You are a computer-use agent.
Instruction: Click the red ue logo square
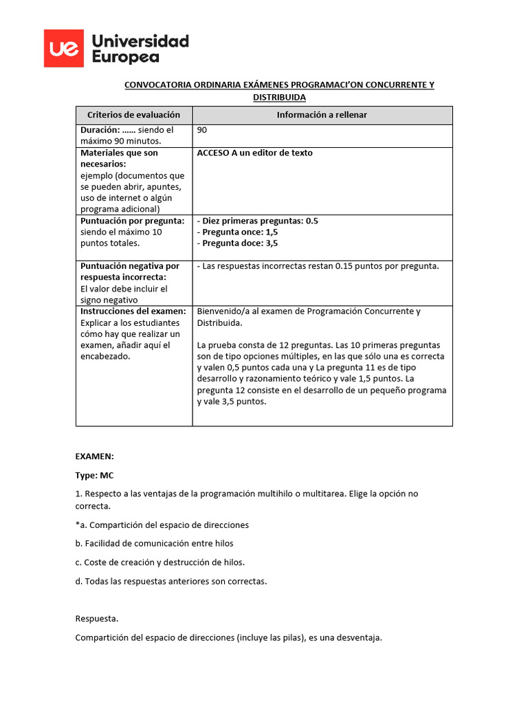coord(64,49)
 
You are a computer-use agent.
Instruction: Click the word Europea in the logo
coord(126,57)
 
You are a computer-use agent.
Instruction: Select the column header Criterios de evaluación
coord(133,115)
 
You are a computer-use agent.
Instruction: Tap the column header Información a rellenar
coord(322,115)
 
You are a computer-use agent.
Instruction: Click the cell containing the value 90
coord(202,130)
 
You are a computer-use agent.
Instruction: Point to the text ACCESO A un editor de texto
coord(254,153)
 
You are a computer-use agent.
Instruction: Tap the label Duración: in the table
coord(100,130)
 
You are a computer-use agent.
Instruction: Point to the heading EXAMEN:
coord(94,456)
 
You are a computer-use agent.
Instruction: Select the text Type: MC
coord(94,475)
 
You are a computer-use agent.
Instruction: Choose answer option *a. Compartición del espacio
coord(162,525)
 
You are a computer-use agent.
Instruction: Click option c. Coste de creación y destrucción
coord(159,562)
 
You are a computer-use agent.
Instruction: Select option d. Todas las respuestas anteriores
coord(170,581)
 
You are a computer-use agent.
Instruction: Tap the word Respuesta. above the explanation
coord(97,619)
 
